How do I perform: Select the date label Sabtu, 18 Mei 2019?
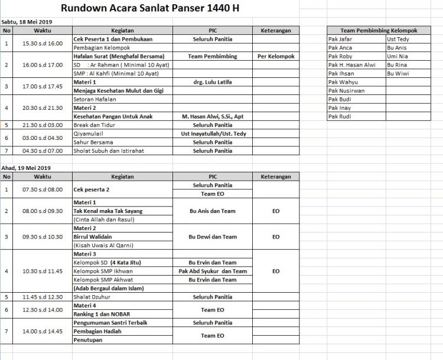pyautogui.click(x=27, y=22)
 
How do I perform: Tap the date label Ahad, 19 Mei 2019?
pyautogui.click(x=25, y=168)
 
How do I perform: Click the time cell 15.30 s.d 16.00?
pyautogui.click(x=42, y=43)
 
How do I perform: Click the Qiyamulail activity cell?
pyautogui.click(x=88, y=133)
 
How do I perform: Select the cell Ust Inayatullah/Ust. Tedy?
pyautogui.click(x=213, y=133)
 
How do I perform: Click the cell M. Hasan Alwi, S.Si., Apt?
pyautogui.click(x=213, y=116)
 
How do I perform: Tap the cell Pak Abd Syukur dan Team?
pyautogui.click(x=213, y=271)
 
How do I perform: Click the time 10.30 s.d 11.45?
pyautogui.click(x=42, y=271)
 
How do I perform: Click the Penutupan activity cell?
pyautogui.click(x=88, y=340)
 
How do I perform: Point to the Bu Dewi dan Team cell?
pyautogui.click(x=213, y=237)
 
